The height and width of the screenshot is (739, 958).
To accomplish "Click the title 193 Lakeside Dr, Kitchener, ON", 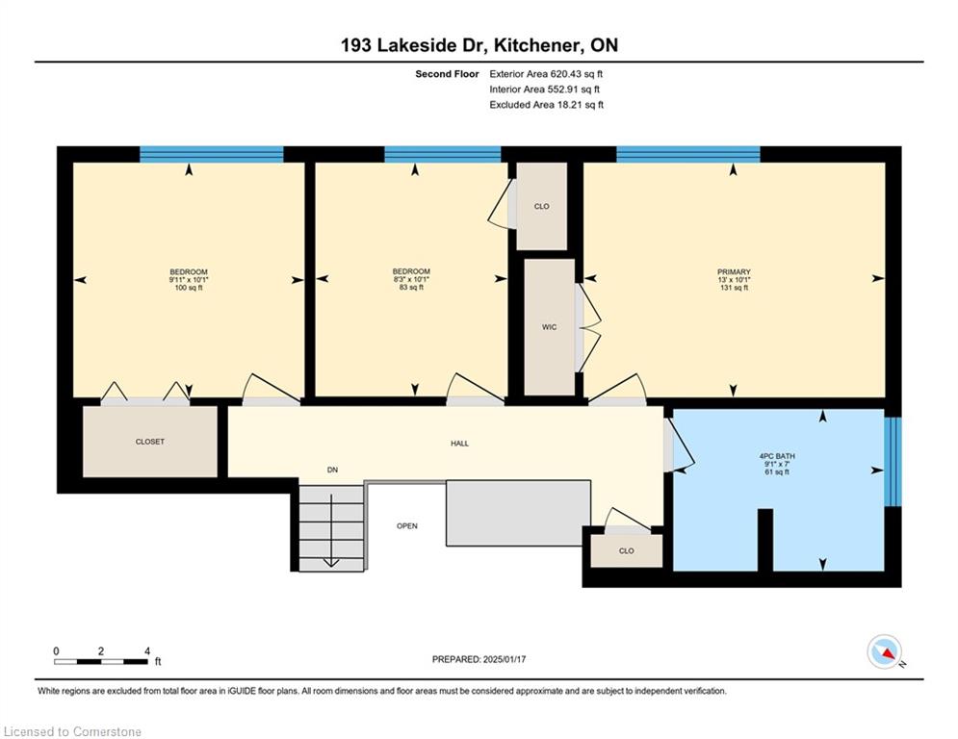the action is click(479, 45).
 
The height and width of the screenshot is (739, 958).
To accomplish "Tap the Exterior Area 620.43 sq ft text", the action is click(546, 74).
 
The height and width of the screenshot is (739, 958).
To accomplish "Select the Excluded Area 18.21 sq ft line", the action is click(546, 105).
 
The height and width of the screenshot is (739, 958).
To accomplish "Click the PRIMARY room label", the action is click(734, 271).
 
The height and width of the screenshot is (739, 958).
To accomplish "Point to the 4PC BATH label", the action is click(777, 456).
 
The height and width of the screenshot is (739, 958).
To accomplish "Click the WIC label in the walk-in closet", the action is click(549, 327).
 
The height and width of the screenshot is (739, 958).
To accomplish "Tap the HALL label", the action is click(459, 444).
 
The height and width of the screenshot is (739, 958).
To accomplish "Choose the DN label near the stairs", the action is click(332, 470).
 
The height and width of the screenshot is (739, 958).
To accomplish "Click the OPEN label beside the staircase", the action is click(407, 525).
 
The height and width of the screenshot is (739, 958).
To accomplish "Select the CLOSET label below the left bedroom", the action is click(149, 442).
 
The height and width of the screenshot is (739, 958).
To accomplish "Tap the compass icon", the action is click(884, 651).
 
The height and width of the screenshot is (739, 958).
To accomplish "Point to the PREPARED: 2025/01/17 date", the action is click(479, 659).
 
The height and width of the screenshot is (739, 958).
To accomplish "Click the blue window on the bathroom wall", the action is click(893, 462).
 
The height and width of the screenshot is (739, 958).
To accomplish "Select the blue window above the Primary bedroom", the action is click(688, 154).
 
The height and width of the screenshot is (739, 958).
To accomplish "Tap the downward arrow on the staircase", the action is click(331, 531).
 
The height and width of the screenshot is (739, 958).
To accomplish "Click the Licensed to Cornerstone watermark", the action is click(72, 731).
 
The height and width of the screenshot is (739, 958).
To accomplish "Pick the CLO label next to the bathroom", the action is click(626, 551).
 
